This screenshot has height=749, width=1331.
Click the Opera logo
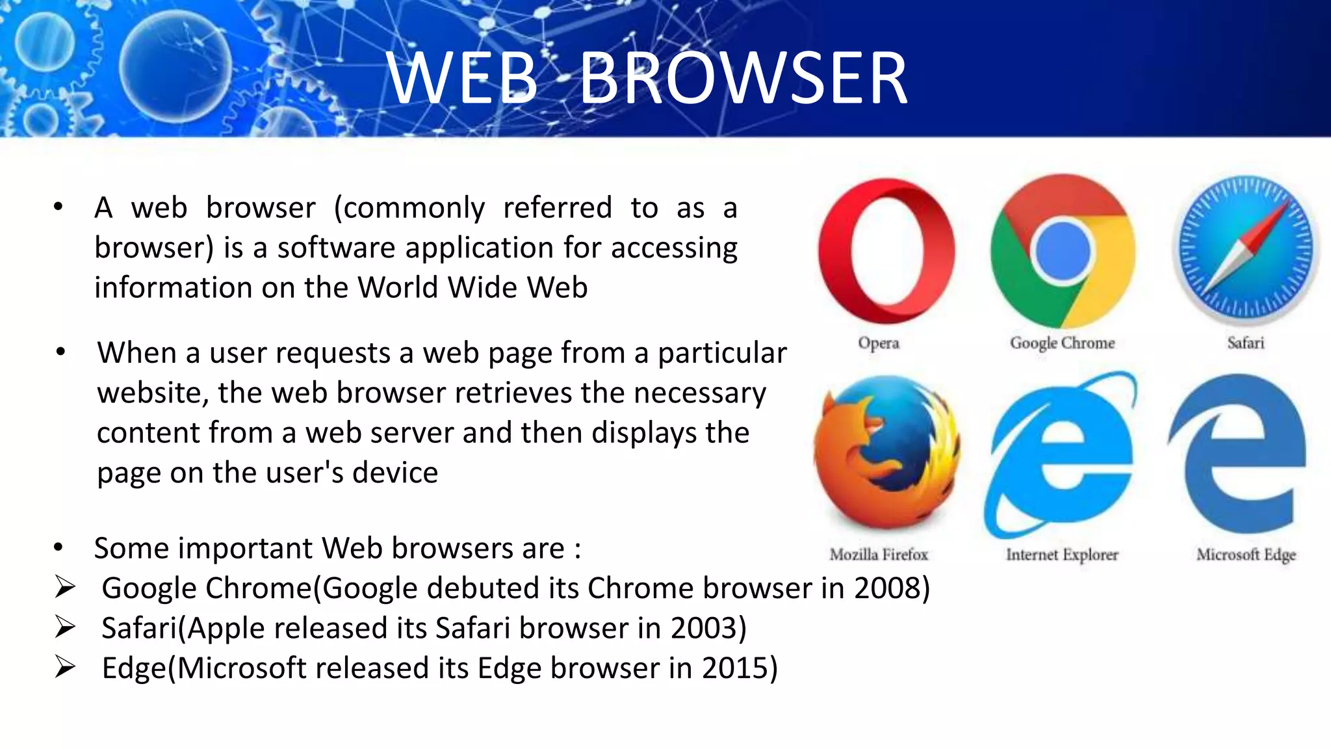click(x=887, y=251)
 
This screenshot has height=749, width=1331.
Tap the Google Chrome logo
click(x=1063, y=251)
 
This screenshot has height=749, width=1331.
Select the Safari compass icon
click(x=1246, y=250)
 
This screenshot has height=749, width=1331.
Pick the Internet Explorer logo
click(x=1061, y=455)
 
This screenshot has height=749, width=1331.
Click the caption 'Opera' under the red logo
click(x=879, y=343)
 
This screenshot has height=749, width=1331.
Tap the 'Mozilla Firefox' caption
click(x=879, y=555)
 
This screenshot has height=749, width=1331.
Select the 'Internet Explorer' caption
click(x=1062, y=555)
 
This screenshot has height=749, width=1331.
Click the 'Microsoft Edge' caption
click(x=1246, y=555)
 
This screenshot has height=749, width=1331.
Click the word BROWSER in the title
click(x=743, y=79)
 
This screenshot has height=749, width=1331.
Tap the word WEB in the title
click(x=463, y=79)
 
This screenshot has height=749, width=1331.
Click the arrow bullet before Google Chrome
click(x=65, y=588)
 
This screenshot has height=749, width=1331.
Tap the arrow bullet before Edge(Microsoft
click(x=65, y=668)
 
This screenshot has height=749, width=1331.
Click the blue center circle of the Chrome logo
click(x=1063, y=251)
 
